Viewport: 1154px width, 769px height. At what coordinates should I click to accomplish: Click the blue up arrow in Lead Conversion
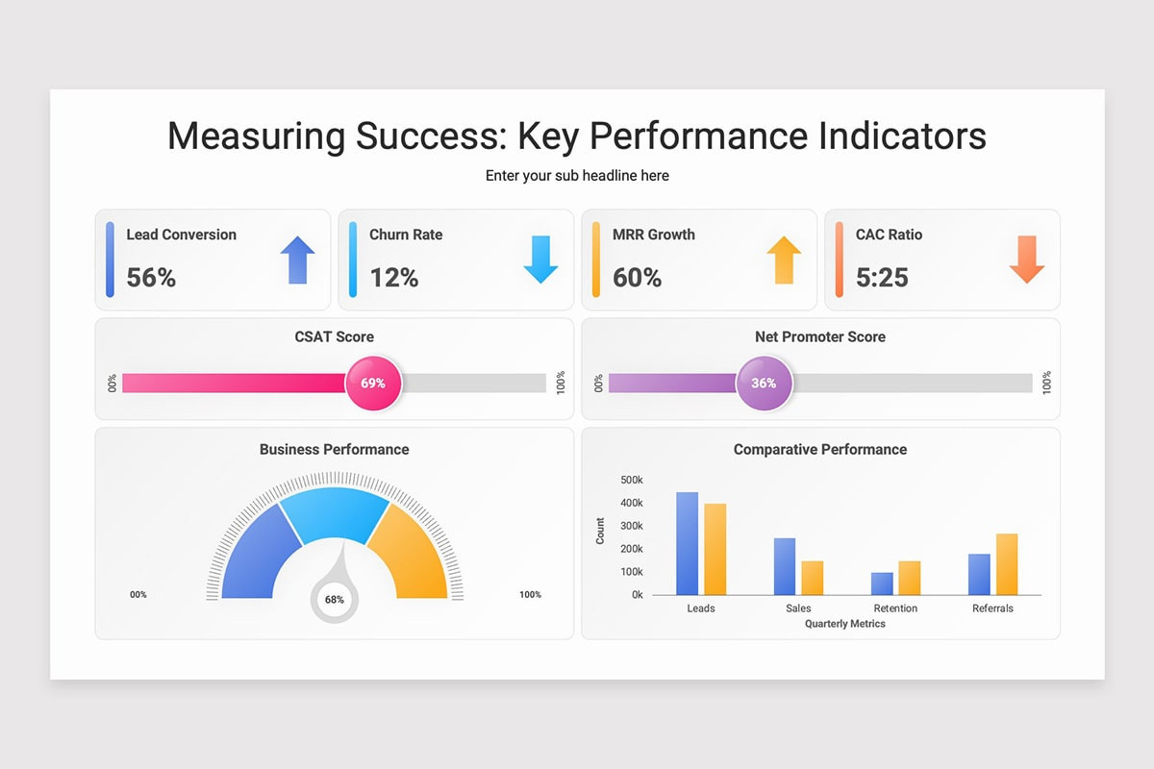(x=298, y=260)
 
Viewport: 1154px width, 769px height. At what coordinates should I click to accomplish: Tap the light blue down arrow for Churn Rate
(x=540, y=260)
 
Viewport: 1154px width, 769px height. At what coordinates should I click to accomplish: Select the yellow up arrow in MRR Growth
(x=784, y=260)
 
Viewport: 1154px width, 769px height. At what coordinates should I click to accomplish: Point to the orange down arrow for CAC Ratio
(x=1027, y=260)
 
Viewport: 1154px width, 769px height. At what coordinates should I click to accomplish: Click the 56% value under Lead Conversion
(x=151, y=278)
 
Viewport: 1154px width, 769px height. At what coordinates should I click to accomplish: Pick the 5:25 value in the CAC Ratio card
(x=882, y=278)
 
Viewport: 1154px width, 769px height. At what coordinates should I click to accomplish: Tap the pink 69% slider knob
(x=373, y=384)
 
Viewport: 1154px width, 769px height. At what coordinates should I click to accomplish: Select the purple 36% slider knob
(x=764, y=384)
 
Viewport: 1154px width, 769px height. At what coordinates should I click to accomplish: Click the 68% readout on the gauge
(x=335, y=600)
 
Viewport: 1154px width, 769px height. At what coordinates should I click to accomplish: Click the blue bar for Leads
(x=688, y=543)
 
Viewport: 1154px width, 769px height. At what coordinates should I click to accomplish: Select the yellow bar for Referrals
(x=1007, y=564)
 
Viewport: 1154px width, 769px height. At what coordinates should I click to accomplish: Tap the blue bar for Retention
(x=882, y=583)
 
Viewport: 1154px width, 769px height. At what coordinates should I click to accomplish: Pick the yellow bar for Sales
(x=813, y=578)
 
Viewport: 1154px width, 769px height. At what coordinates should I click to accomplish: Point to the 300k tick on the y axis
(x=632, y=526)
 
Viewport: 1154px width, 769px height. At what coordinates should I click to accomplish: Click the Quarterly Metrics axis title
(x=845, y=624)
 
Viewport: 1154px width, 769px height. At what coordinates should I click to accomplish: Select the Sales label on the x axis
(x=798, y=608)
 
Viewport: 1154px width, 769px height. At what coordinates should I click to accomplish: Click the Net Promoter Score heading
(x=820, y=336)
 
